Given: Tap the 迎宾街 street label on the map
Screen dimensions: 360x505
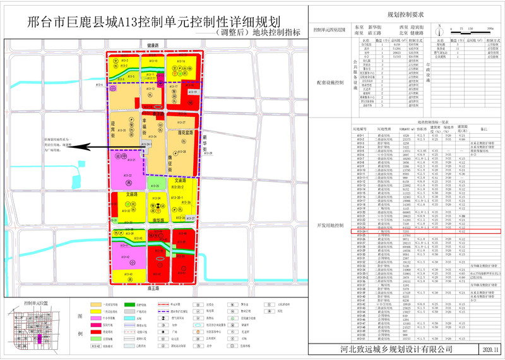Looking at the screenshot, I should (x=114, y=129).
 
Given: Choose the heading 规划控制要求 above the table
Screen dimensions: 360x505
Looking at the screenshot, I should (x=405, y=14).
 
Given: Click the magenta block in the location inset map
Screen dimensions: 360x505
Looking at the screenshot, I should (x=40, y=321).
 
